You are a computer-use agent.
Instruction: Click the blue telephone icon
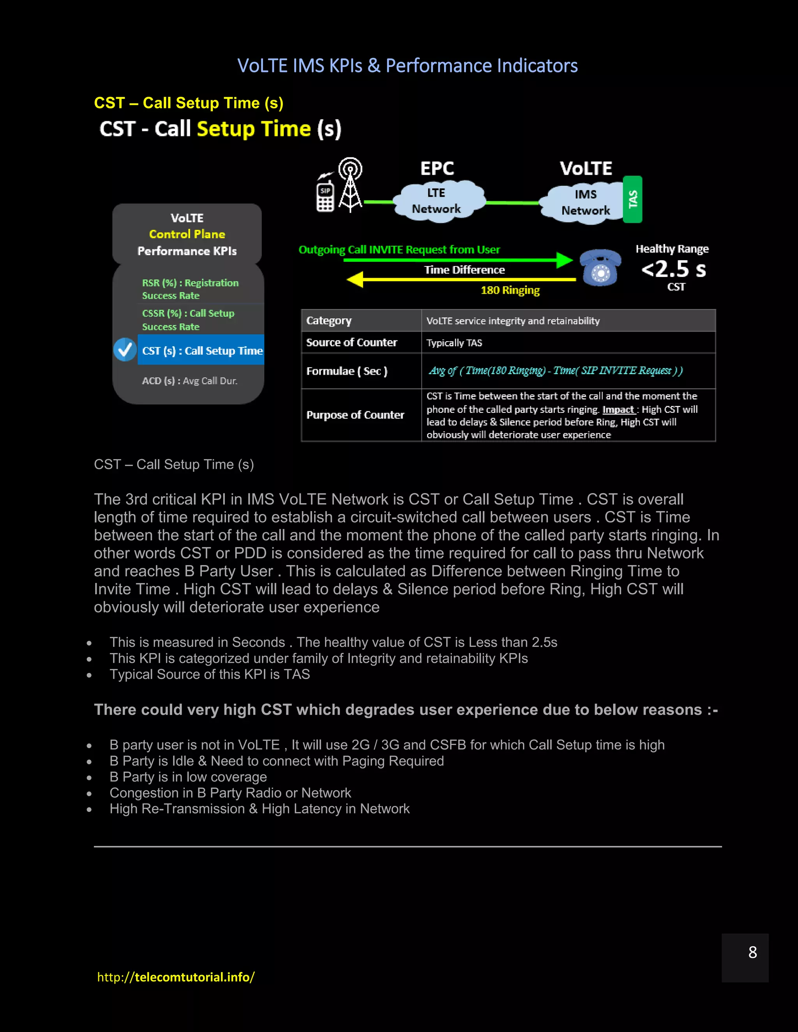click(x=600, y=268)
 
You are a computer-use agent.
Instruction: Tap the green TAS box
click(x=632, y=199)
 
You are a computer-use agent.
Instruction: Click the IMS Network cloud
click(x=585, y=202)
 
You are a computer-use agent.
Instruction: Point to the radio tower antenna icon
click(x=350, y=184)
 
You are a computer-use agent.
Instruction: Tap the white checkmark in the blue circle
click(x=125, y=350)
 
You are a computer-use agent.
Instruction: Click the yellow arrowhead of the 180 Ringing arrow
click(x=355, y=279)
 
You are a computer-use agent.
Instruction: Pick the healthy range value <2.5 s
click(x=673, y=269)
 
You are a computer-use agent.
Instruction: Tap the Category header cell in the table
click(x=329, y=321)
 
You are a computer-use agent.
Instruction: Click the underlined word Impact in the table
click(x=618, y=410)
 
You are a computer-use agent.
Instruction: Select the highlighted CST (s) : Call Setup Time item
click(x=201, y=350)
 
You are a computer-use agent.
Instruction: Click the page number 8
click(x=753, y=952)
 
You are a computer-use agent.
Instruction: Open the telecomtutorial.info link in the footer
click(x=176, y=977)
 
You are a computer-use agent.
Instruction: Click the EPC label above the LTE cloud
click(x=437, y=169)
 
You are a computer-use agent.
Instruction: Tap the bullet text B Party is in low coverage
click(x=188, y=777)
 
